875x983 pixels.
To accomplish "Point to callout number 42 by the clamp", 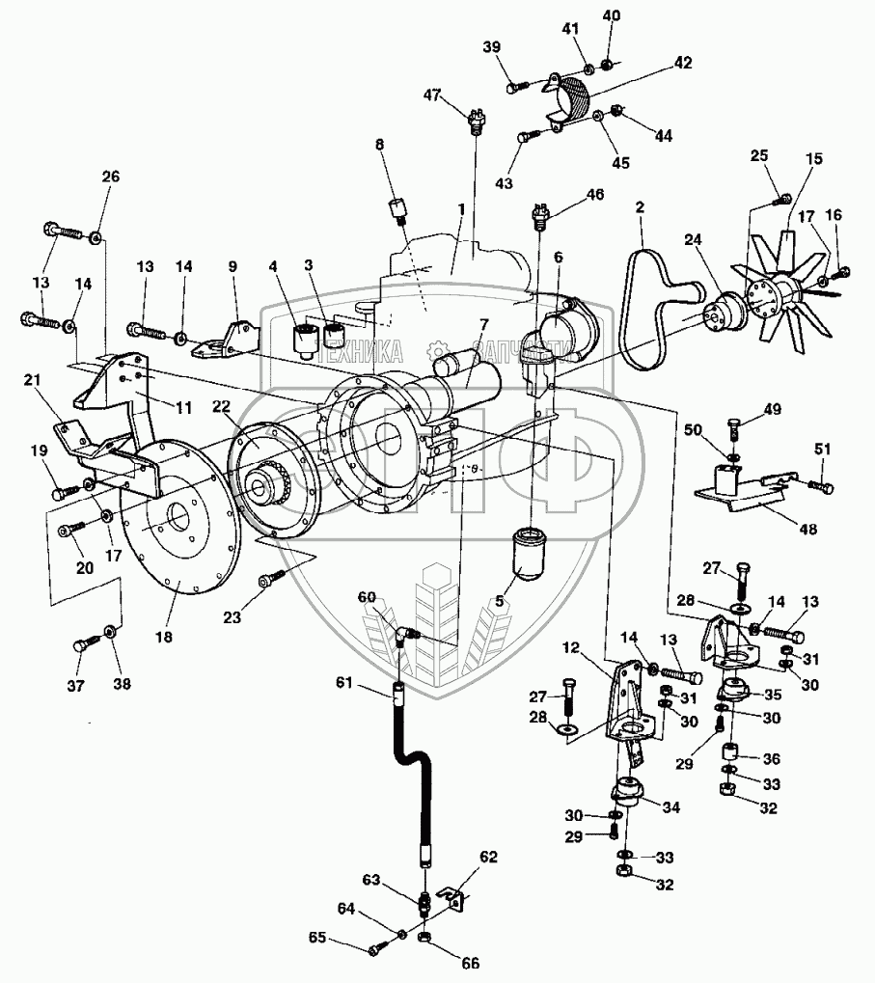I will coord(683,63).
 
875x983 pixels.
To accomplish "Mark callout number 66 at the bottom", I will coord(470,962).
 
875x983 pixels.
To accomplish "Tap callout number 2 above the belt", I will coord(639,207).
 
